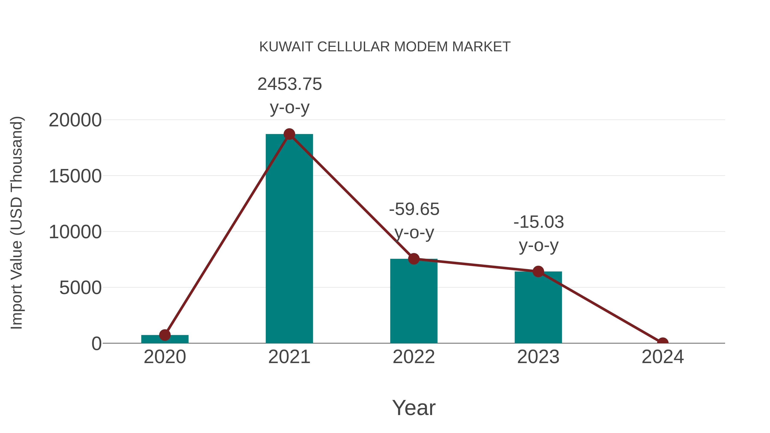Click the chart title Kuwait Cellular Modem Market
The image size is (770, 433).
(x=385, y=47)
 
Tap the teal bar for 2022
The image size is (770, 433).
(x=414, y=302)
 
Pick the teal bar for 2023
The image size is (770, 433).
(x=538, y=308)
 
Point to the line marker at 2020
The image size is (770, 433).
(x=165, y=335)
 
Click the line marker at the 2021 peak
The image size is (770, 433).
(x=289, y=134)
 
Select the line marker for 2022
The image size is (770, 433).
(x=414, y=259)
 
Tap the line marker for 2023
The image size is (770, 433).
(x=538, y=271)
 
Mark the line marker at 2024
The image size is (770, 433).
(x=663, y=343)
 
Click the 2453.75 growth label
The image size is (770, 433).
(x=290, y=84)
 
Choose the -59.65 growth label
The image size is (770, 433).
(x=414, y=209)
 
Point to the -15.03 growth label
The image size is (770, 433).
(x=539, y=222)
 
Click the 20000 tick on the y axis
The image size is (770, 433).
(x=75, y=120)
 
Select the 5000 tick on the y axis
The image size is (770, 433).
(x=80, y=288)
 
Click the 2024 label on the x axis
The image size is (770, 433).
(x=663, y=357)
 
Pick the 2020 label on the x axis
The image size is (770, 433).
(x=165, y=357)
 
